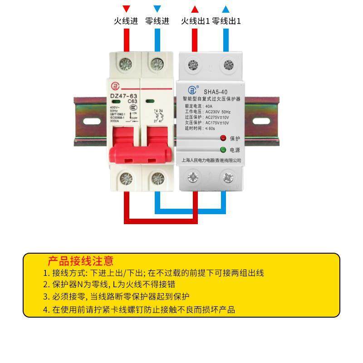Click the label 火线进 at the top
click(x=125, y=21)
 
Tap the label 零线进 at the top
click(x=157, y=21)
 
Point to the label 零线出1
click(x=226, y=21)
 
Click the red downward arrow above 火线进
click(x=127, y=9)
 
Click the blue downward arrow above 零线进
click(x=157, y=9)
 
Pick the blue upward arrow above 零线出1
click(x=226, y=9)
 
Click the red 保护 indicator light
click(x=223, y=138)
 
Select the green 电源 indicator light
click(x=223, y=150)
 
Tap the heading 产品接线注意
click(x=81, y=261)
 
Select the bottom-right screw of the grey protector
click(x=227, y=176)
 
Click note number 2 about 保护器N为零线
click(x=109, y=285)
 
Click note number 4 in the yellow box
click(x=139, y=309)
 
